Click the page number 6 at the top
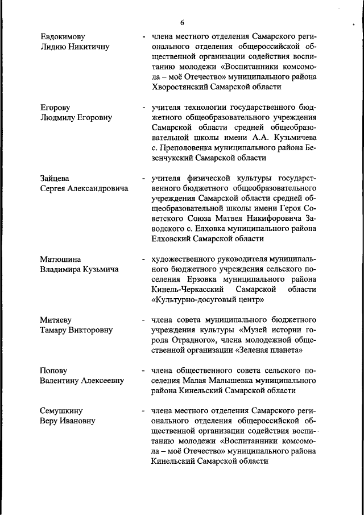pos(182,23)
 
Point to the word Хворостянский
pos(181,87)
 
